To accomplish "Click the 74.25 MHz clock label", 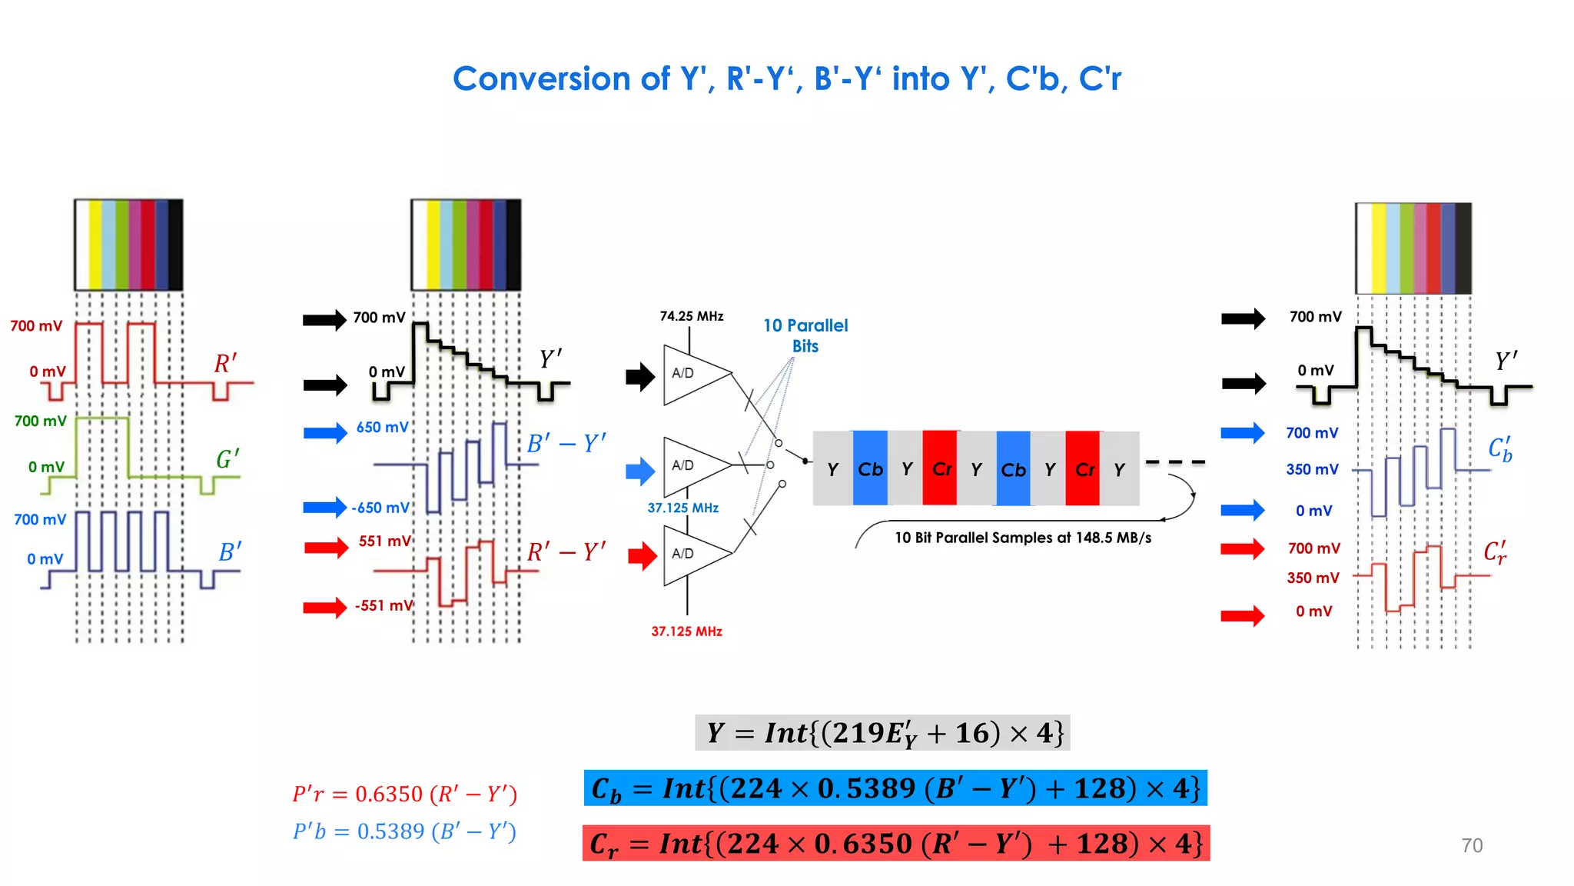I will pyautogui.click(x=691, y=316).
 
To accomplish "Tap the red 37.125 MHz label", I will pyautogui.click(x=686, y=631).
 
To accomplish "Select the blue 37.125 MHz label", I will pyautogui.click(x=682, y=508).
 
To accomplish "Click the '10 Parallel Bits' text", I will pyautogui.click(x=805, y=335).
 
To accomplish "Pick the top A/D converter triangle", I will pyautogui.click(x=692, y=375).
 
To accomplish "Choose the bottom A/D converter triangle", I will pyautogui.click(x=692, y=555).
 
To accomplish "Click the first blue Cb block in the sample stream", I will pyautogui.click(x=870, y=468).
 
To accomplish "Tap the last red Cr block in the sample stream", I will pyautogui.click(x=1083, y=468).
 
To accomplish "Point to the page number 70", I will pyautogui.click(x=1471, y=845).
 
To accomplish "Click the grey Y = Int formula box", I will pyautogui.click(x=882, y=733).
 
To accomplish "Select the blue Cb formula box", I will pyautogui.click(x=895, y=788).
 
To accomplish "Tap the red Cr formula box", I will pyautogui.click(x=895, y=844).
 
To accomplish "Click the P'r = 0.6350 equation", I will pyautogui.click(x=404, y=794).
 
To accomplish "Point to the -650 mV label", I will pyautogui.click(x=380, y=508).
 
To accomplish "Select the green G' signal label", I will pyautogui.click(x=227, y=459).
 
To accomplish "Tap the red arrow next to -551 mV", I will pyautogui.click(x=324, y=608).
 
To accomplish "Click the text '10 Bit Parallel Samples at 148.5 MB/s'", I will pyautogui.click(x=1022, y=538).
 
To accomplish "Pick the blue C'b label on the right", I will pyautogui.click(x=1499, y=449).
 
